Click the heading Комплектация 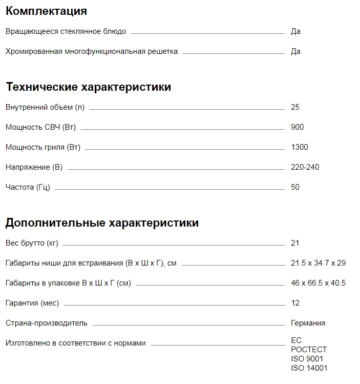[x=46, y=11]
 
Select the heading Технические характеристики [x=88, y=87]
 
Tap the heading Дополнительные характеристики [x=102, y=223]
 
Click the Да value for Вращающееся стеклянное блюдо [x=295, y=31]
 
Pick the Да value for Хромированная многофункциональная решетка [x=295, y=51]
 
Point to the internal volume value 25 [x=295, y=107]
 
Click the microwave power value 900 [x=297, y=127]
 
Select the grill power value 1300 [x=300, y=147]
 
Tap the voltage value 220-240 [x=305, y=167]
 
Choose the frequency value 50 [x=295, y=187]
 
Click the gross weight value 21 [x=295, y=243]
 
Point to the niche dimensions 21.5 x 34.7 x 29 [x=318, y=263]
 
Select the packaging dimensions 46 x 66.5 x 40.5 [x=318, y=283]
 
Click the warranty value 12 [x=295, y=303]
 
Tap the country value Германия [x=308, y=323]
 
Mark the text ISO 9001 [x=307, y=359]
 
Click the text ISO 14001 [x=309, y=368]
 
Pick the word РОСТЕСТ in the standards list [x=309, y=350]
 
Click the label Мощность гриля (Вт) [x=43, y=147]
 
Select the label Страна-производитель [x=47, y=323]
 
